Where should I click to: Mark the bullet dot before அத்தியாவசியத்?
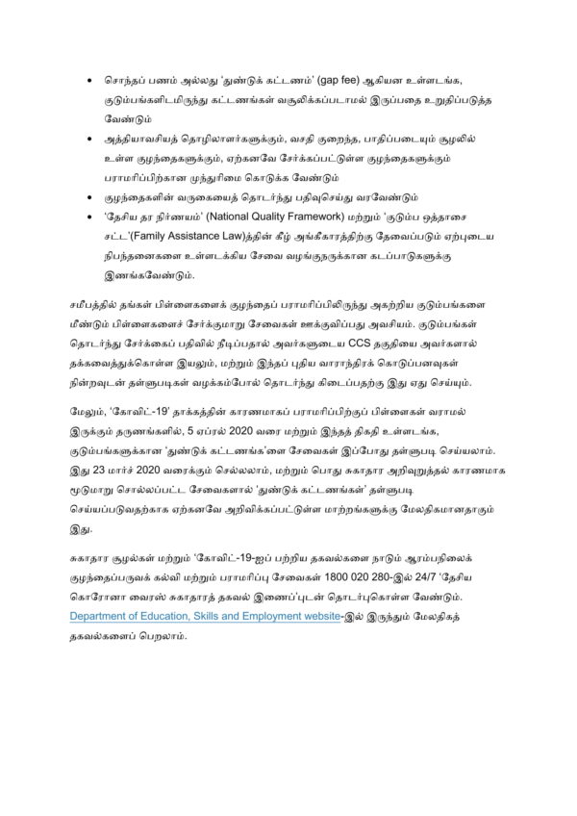click(x=88, y=141)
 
